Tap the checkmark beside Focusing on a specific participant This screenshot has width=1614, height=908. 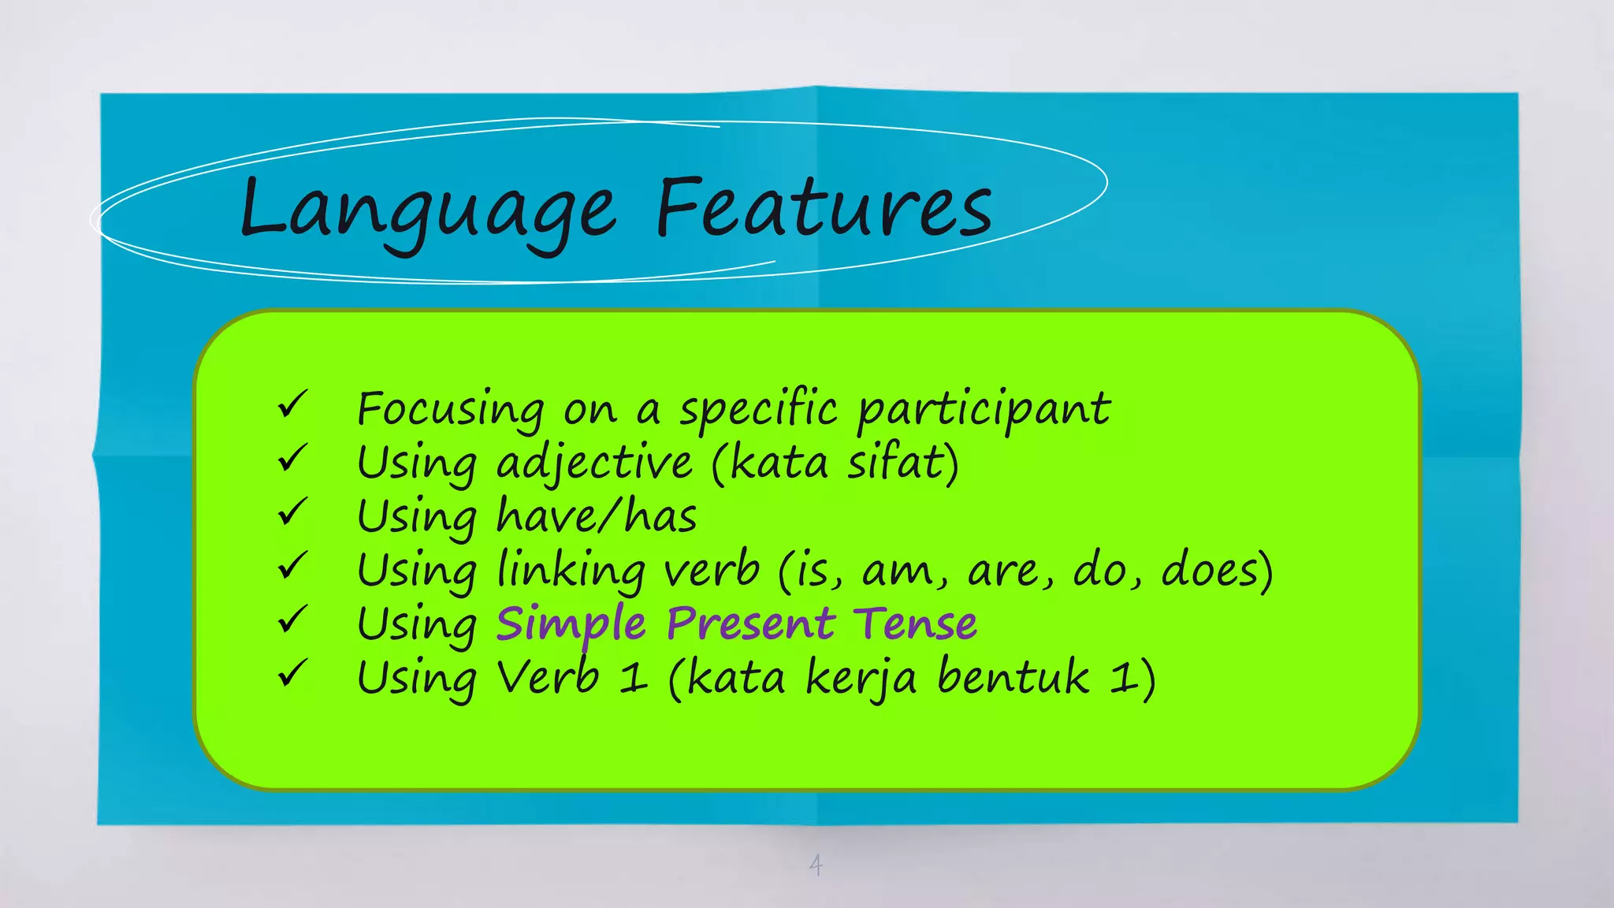pyautogui.click(x=292, y=405)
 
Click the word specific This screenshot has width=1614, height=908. pyautogui.click(x=758, y=410)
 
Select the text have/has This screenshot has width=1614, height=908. pyautogui.click(x=597, y=516)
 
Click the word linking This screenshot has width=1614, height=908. pyautogui.click(x=571, y=571)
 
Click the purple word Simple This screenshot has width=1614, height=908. pyautogui.click(x=571, y=625)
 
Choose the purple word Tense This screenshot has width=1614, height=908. pyautogui.click(x=916, y=623)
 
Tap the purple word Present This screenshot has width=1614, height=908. pyautogui.click(x=750, y=623)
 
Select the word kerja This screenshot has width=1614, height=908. pyautogui.click(x=861, y=679)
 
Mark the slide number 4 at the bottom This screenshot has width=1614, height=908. pyautogui.click(x=816, y=865)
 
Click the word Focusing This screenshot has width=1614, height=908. pyautogui.click(x=450, y=410)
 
